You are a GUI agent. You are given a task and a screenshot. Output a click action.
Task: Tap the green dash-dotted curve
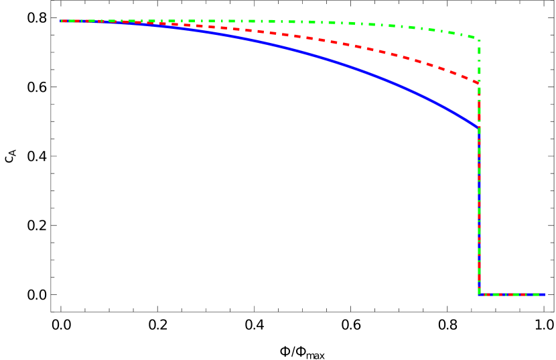click(x=335, y=23)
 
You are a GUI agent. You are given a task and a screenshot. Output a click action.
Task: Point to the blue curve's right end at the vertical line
click(x=478, y=127)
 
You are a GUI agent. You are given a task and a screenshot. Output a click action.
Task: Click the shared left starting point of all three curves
click(x=62, y=21)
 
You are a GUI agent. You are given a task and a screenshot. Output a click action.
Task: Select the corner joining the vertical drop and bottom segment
click(x=479, y=294)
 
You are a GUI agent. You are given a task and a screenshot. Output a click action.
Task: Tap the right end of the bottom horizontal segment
click(x=544, y=294)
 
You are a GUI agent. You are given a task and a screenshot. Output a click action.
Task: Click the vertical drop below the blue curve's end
click(x=479, y=201)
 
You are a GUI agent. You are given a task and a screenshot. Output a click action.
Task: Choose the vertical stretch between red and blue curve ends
click(x=479, y=106)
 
